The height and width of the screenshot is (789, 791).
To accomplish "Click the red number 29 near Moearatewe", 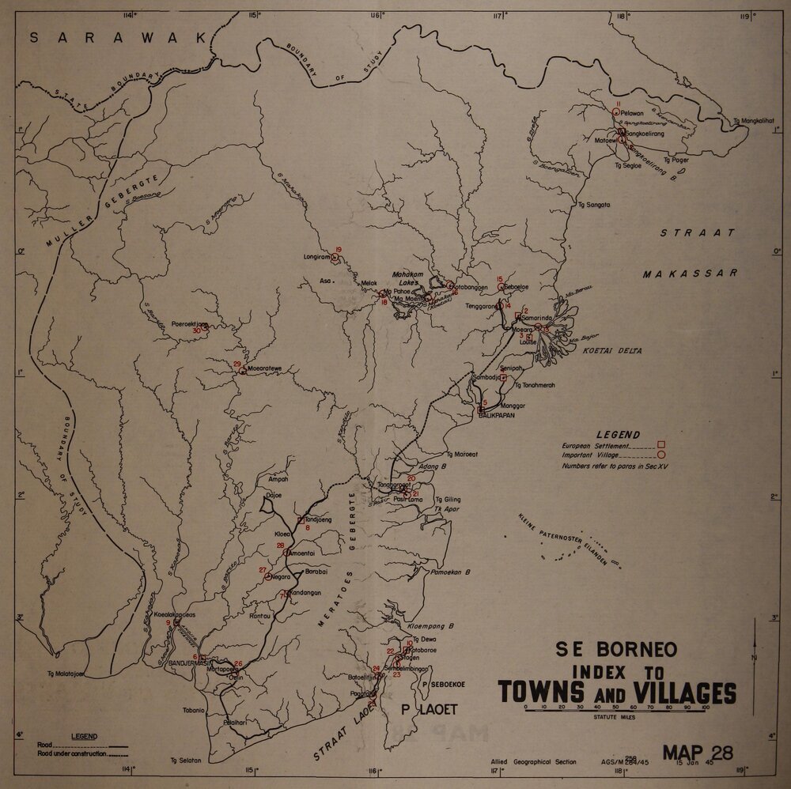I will click(237, 364).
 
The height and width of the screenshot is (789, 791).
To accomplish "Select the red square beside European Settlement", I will click(660, 445).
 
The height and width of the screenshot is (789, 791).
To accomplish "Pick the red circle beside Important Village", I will click(660, 455).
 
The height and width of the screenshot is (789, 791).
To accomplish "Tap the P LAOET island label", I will click(425, 709).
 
